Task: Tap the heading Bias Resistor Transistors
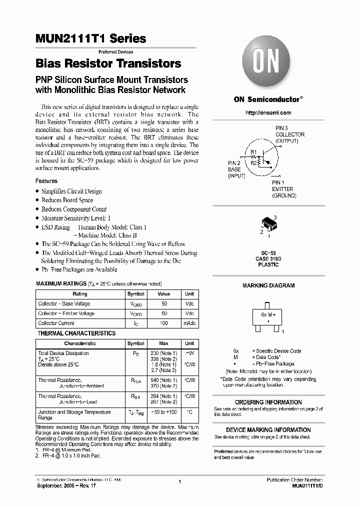point(108,64)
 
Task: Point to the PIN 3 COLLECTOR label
point(289,134)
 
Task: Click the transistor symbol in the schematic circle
point(260,157)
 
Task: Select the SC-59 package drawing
point(268,225)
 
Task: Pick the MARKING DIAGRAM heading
point(268,285)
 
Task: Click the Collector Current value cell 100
point(163,323)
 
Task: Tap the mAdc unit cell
point(189,323)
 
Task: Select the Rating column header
point(80,294)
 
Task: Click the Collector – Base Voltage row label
point(64,304)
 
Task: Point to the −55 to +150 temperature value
point(163,412)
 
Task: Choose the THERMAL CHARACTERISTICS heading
point(77,333)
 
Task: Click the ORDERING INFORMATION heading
point(268,402)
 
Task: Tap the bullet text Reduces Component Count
point(74,209)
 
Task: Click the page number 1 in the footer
point(179,482)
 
